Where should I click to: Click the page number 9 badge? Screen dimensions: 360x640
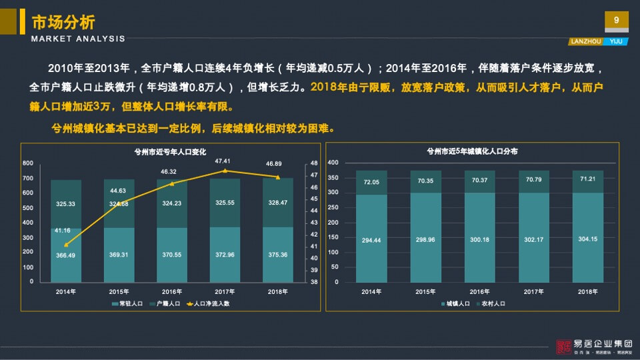click(616, 21)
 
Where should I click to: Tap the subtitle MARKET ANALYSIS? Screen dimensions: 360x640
click(78, 39)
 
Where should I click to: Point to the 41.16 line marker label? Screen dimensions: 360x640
click(63, 231)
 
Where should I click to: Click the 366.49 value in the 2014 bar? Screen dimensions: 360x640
click(65, 255)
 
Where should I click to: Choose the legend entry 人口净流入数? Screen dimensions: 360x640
click(211, 303)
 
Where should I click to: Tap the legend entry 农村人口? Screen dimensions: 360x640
click(493, 303)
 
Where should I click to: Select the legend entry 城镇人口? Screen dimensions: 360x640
click(457, 303)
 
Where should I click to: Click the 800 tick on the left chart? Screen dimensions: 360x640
click(28, 163)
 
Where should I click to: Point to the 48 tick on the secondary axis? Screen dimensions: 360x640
click(314, 163)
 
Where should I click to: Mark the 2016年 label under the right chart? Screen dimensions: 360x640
click(478, 292)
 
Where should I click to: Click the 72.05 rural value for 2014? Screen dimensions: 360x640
click(371, 182)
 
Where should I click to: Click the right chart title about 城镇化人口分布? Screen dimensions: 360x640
click(472, 151)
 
